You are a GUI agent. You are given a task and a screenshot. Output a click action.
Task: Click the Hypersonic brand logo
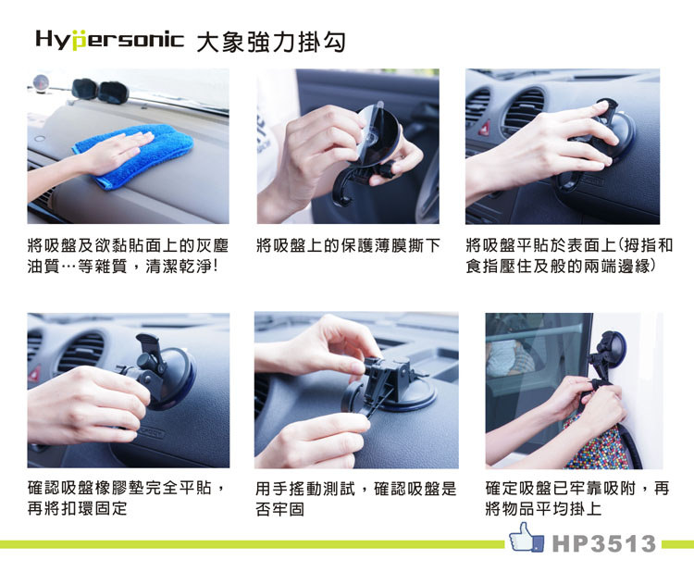click(109, 40)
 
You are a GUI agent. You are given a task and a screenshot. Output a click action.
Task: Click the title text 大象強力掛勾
click(270, 42)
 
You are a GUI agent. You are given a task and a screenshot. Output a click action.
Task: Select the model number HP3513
click(604, 543)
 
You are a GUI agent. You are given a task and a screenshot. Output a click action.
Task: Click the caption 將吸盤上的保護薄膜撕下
click(348, 245)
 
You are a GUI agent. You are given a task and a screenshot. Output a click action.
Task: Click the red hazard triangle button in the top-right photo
click(485, 129)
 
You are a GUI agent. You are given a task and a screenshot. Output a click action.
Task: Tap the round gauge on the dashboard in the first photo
click(41, 81)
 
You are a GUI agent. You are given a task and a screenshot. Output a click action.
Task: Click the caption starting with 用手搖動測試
click(355, 499)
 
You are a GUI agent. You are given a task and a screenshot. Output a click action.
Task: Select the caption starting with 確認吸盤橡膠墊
click(126, 498)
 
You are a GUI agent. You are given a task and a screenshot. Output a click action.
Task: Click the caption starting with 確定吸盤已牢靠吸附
click(576, 499)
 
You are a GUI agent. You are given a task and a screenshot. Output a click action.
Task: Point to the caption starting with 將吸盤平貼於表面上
click(569, 255)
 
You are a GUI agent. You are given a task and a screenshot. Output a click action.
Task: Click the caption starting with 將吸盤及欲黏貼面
click(128, 255)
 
